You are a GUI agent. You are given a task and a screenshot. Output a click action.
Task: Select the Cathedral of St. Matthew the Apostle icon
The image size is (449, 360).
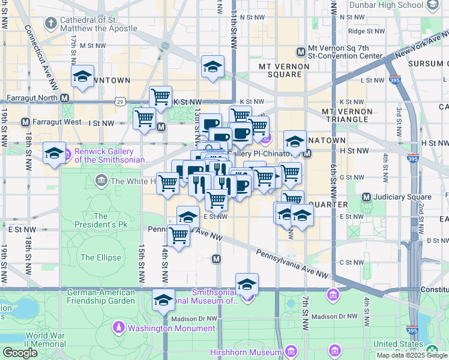pyautogui.click(x=51, y=24)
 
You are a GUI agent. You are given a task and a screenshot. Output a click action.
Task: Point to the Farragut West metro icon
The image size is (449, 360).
pyautogui.click(x=25, y=122)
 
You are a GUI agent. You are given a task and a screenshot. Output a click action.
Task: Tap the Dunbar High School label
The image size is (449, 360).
pyautogui.click(x=393, y=5)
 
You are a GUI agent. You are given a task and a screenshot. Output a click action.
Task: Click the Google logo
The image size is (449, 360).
pyautogui.click(x=20, y=353)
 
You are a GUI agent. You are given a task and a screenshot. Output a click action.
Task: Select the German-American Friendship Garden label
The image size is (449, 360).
pyautogui.click(x=101, y=296)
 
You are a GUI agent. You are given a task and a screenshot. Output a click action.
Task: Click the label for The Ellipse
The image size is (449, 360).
pyautogui.click(x=101, y=257)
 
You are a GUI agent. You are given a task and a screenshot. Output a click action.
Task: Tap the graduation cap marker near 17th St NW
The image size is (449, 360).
pyautogui.click(x=83, y=76)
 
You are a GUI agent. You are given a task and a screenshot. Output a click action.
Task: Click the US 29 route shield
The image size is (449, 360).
pyautogui.click(x=121, y=103)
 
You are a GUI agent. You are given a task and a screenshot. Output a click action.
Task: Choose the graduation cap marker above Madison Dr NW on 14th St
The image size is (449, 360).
pyautogui.click(x=163, y=300)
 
